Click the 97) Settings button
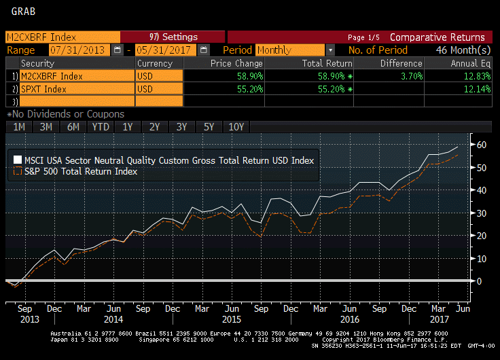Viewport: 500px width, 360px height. coord(173,37)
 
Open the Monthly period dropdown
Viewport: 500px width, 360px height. coord(330,50)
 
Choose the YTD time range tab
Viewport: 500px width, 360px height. coord(101,127)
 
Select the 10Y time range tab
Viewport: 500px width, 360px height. coord(236,127)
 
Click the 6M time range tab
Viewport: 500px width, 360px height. coord(73,127)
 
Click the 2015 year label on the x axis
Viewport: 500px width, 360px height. coord(232,319)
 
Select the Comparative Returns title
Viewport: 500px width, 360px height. coord(437,37)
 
